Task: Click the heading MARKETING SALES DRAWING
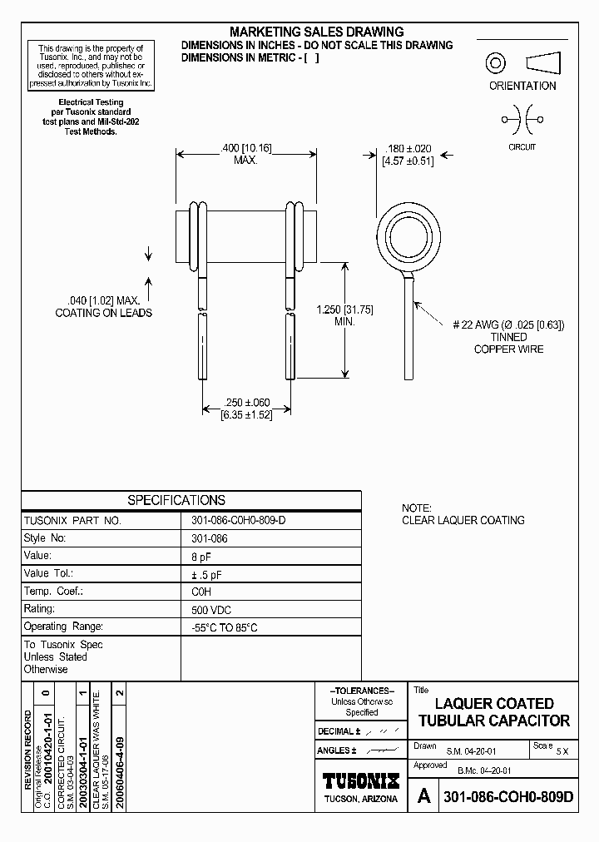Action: (x=316, y=32)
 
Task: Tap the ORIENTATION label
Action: (x=522, y=86)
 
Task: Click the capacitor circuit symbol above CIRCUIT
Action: (x=522, y=120)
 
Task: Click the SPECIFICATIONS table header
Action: (x=176, y=500)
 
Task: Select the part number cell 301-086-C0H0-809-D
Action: (x=238, y=520)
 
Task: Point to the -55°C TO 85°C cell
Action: (x=225, y=627)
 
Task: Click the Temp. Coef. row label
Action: (x=54, y=592)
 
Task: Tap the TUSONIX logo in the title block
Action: (x=360, y=781)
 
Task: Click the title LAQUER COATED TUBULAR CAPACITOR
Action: (x=493, y=712)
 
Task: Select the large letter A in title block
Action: (x=423, y=796)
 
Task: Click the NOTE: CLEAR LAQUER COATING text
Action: (x=463, y=514)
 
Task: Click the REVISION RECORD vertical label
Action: (x=28, y=749)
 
